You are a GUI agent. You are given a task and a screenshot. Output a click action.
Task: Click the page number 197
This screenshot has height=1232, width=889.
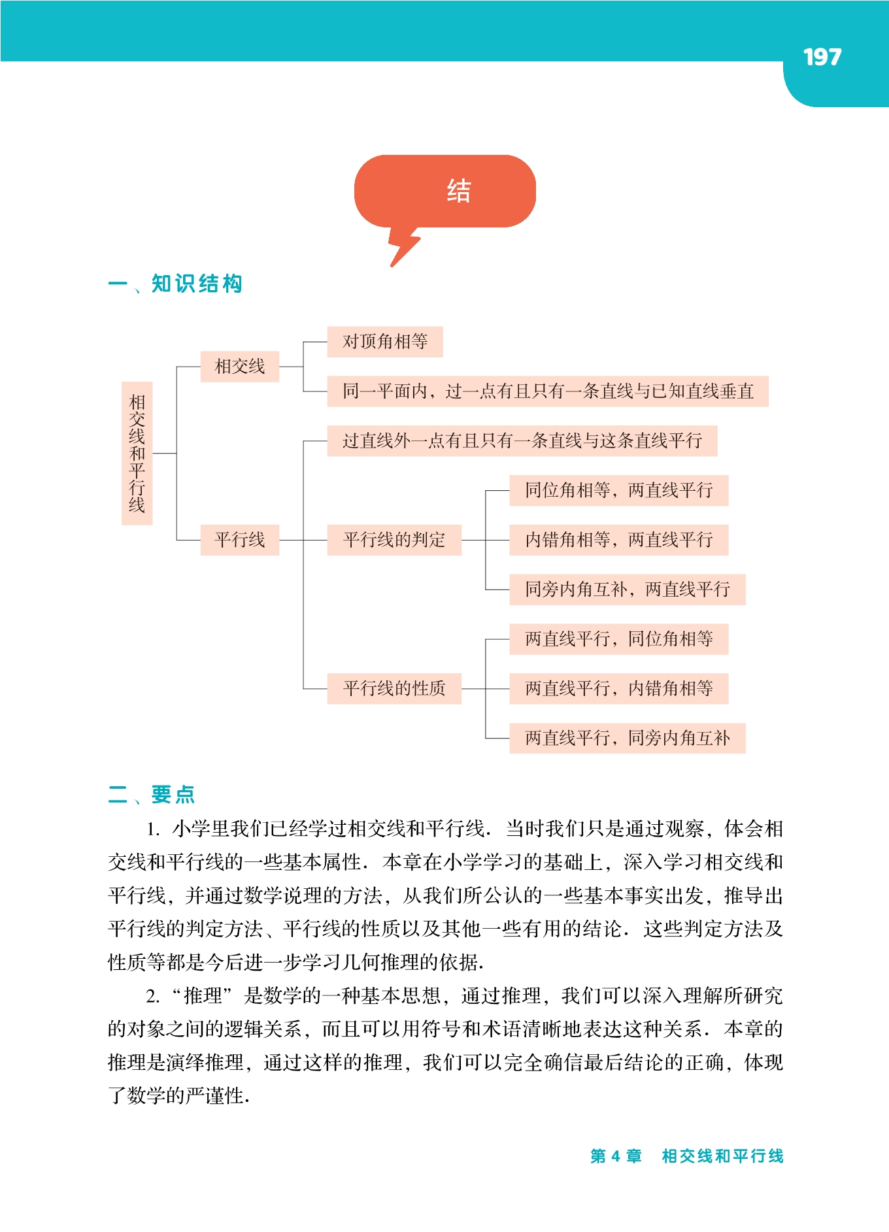pos(822,58)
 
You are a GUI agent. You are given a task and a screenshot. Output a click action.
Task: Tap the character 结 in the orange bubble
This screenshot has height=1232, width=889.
pos(458,191)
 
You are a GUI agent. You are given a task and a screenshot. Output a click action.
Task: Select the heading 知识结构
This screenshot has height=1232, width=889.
pos(197,284)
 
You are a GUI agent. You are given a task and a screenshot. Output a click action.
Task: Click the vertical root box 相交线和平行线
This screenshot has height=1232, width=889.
pos(137,453)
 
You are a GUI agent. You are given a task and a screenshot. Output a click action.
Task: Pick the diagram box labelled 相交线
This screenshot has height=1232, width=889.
pos(239,366)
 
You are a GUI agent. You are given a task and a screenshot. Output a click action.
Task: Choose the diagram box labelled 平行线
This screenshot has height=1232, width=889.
pos(239,540)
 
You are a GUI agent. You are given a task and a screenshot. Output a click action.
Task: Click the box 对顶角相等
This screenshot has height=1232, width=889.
pos(385,341)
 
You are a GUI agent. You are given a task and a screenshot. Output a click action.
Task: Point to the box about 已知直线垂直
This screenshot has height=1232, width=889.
pos(547,391)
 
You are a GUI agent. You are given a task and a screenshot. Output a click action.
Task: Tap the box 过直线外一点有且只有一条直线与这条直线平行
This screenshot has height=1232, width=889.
pos(522,441)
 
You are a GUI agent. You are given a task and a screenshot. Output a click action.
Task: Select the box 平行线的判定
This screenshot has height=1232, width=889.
pos(394,540)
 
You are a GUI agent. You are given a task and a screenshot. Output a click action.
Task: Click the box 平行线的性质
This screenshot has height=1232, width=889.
pos(394,688)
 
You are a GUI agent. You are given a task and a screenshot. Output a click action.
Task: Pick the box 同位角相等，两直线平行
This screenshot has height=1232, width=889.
pos(618,490)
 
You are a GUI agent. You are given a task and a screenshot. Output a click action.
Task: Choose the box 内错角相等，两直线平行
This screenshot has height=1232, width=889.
pos(618,540)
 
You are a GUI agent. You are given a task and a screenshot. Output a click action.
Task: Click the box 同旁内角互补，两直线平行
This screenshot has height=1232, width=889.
pos(627,590)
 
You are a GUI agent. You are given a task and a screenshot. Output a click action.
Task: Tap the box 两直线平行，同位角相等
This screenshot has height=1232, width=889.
pos(618,639)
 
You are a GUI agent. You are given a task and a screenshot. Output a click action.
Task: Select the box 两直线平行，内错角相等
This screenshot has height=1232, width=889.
pos(618,688)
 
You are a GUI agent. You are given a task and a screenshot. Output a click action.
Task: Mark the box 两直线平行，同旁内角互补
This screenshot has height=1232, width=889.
pos(627,738)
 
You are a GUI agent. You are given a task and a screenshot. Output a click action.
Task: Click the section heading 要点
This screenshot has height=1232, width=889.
pos(173,794)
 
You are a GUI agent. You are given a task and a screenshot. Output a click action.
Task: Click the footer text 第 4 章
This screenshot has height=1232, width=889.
pos(616,1156)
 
